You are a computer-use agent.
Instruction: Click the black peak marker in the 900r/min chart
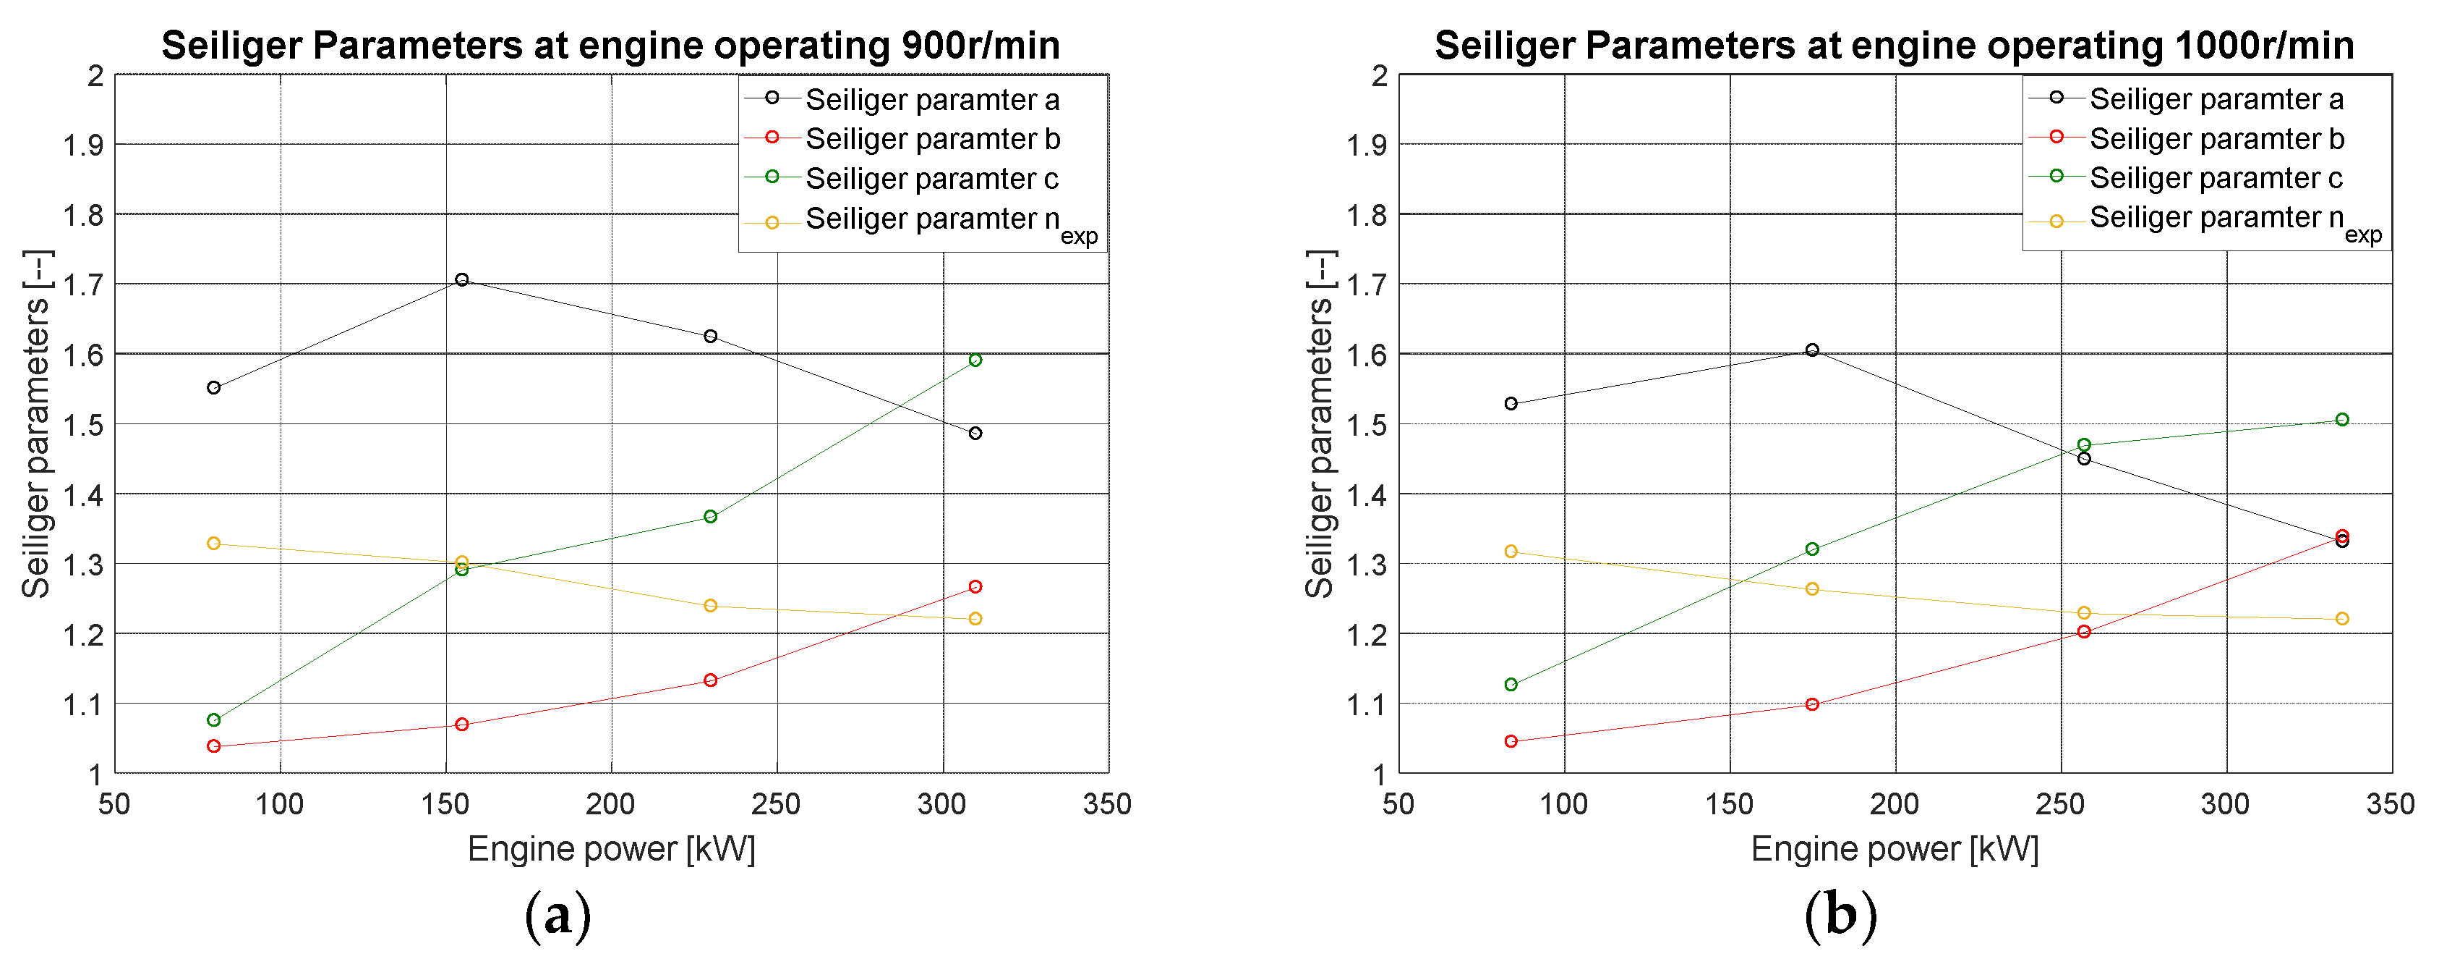462,279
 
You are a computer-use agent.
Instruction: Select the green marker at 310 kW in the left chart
975,360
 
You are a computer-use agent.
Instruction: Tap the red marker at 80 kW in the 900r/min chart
214,746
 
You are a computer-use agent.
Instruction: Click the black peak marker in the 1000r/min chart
1812,350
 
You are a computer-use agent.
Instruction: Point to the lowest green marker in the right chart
1511,685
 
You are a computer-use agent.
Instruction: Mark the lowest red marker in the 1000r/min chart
1511,742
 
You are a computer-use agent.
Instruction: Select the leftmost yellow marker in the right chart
1511,552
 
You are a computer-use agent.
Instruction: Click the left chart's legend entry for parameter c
931,178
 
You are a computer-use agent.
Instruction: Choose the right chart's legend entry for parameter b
2216,138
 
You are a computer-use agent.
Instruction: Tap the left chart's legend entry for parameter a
931,99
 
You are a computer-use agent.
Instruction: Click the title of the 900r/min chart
611,45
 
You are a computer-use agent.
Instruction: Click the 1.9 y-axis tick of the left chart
83,145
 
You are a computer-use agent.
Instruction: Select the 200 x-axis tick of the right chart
1895,804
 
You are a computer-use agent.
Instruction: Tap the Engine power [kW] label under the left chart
612,849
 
